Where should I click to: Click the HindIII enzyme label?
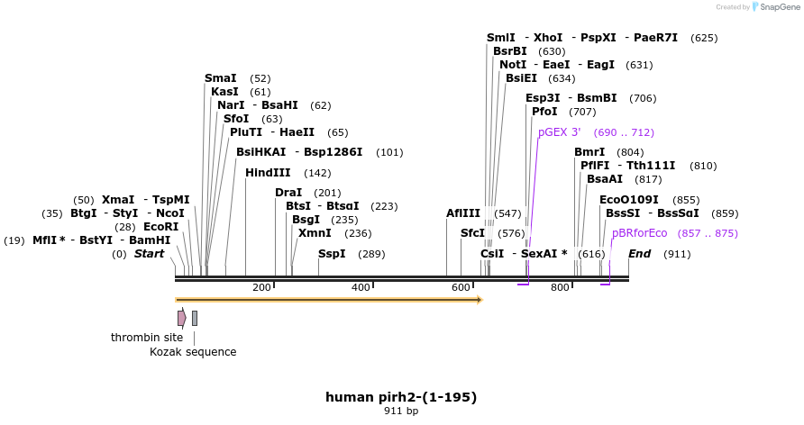click(268, 173)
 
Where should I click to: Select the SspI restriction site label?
click(332, 254)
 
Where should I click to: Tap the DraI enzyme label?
click(288, 193)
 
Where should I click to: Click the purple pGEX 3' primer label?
click(559, 132)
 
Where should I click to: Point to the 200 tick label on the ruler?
click(261, 287)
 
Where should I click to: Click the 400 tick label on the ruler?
click(361, 287)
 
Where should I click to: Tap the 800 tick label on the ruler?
click(560, 287)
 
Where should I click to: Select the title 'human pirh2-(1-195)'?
click(401, 396)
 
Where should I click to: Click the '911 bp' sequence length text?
click(401, 411)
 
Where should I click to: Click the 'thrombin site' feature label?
click(147, 338)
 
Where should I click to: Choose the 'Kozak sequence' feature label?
click(193, 352)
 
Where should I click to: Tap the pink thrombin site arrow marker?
click(182, 318)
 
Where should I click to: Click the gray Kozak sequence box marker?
click(195, 318)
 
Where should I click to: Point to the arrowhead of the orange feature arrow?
click(479, 299)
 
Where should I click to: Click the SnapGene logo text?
click(775, 6)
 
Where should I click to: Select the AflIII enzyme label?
click(464, 213)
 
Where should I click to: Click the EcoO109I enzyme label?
click(629, 200)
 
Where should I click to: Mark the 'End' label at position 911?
click(639, 254)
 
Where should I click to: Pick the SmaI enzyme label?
click(221, 78)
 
